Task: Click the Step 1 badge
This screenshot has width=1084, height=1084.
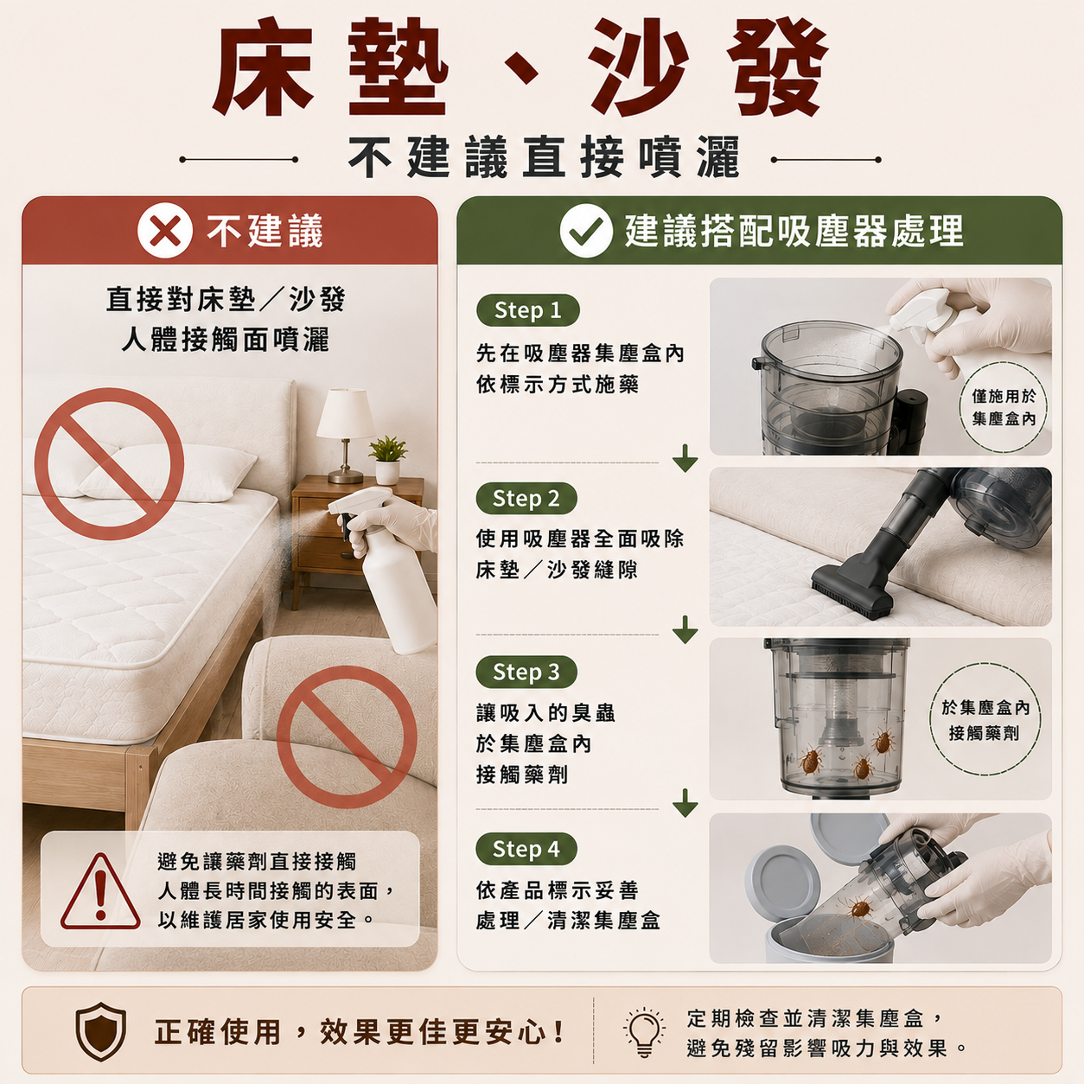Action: pyautogui.click(x=527, y=310)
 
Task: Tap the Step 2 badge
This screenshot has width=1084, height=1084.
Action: pyautogui.click(x=526, y=499)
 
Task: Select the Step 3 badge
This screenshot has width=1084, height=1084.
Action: pyautogui.click(x=526, y=672)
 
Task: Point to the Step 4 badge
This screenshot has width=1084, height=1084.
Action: pyautogui.click(x=526, y=849)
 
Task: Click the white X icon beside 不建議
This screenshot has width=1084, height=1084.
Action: pyautogui.click(x=165, y=231)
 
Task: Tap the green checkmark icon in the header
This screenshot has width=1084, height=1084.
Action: pyautogui.click(x=586, y=231)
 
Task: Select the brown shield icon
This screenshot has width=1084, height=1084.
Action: pyautogui.click(x=100, y=1031)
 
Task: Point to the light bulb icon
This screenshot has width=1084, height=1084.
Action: pyautogui.click(x=644, y=1032)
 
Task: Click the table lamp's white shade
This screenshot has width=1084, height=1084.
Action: pyautogui.click(x=346, y=413)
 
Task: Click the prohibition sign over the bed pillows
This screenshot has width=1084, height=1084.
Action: pyautogui.click(x=109, y=463)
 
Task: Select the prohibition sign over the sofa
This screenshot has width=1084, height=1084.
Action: pyautogui.click(x=347, y=736)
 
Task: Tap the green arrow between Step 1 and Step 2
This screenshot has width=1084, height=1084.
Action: pyautogui.click(x=685, y=458)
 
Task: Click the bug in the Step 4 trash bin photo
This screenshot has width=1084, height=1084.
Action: pyautogui.click(x=859, y=908)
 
